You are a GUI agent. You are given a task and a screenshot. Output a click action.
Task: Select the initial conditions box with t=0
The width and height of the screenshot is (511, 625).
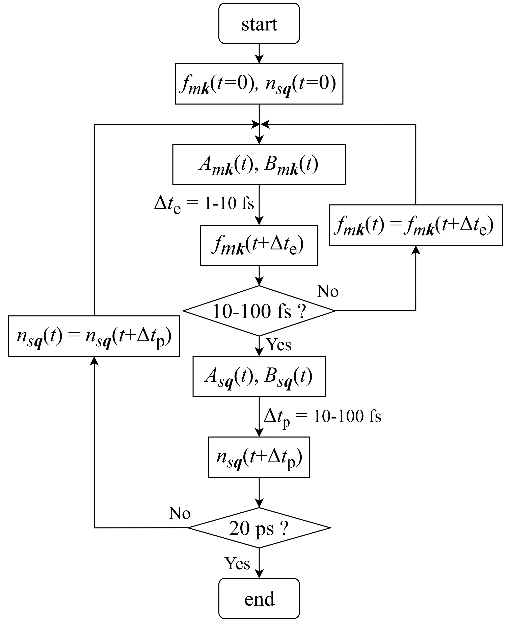[259, 84]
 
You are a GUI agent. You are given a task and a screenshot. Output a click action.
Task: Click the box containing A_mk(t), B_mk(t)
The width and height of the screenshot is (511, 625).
[259, 164]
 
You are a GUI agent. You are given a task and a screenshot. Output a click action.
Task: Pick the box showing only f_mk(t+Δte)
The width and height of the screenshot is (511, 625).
[259, 245]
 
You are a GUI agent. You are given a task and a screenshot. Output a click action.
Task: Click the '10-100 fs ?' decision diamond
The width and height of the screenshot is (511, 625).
[259, 311]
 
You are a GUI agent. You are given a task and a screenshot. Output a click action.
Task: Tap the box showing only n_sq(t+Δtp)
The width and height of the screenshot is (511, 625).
[259, 457]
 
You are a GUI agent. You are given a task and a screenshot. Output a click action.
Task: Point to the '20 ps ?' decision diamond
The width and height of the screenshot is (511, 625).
[259, 528]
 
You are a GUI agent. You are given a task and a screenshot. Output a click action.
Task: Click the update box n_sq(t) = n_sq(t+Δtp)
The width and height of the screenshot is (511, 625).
[94, 336]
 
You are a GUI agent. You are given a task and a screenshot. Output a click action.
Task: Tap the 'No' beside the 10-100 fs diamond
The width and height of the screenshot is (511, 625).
[328, 291]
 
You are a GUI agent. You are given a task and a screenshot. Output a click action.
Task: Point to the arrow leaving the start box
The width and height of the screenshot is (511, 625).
[259, 54]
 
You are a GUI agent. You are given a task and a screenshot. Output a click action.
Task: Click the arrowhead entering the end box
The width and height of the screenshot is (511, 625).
[259, 573]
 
